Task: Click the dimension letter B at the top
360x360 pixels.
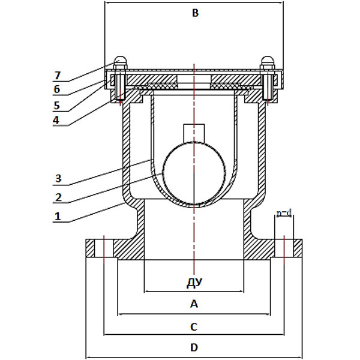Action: coord(195,13)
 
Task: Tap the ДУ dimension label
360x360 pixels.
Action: coord(194,283)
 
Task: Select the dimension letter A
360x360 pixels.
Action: coord(194,304)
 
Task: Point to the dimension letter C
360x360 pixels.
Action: coord(194,327)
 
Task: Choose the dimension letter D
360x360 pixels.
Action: coord(194,347)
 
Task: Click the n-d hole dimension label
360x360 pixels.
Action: coord(284,214)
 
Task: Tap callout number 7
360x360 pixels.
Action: coord(58,76)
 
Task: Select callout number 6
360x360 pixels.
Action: coord(57,89)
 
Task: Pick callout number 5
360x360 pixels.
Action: coord(57,106)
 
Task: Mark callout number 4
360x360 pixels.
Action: coord(56,119)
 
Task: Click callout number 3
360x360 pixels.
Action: coord(58,178)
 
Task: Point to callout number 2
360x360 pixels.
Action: coord(58,197)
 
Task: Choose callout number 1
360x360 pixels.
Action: coord(58,216)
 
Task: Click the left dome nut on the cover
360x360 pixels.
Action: coord(120,62)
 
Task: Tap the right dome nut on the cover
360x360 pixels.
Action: coord(268,62)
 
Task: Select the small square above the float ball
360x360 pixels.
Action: coord(194,133)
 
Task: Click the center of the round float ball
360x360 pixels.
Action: coord(194,173)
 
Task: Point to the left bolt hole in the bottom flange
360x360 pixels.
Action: coord(104,248)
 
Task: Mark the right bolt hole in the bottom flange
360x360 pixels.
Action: coord(284,248)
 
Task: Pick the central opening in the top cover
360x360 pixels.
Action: coord(194,82)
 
